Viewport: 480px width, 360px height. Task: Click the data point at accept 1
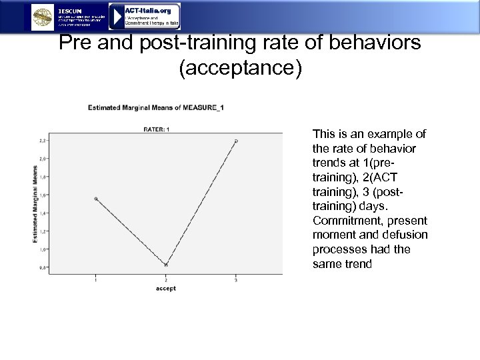pyautogui.click(x=96, y=199)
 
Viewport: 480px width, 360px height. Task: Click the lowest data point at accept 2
pyautogui.click(x=166, y=265)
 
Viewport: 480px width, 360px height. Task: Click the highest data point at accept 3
pyautogui.click(x=236, y=141)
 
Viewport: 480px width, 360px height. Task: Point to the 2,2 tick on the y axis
pyautogui.click(x=43, y=141)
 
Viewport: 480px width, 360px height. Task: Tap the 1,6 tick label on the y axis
pyautogui.click(x=43, y=195)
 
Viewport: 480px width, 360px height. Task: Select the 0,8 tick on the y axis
pyautogui.click(x=43, y=267)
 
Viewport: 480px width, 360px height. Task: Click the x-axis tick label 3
pyautogui.click(x=236, y=279)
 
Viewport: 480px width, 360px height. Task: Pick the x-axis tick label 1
pyautogui.click(x=96, y=279)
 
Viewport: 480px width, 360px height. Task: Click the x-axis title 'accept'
pyautogui.click(x=166, y=289)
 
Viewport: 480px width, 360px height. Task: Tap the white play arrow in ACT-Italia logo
pyautogui.click(x=116, y=17)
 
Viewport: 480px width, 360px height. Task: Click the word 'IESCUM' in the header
pyautogui.click(x=71, y=11)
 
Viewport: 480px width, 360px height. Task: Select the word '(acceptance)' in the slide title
pyautogui.click(x=240, y=69)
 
